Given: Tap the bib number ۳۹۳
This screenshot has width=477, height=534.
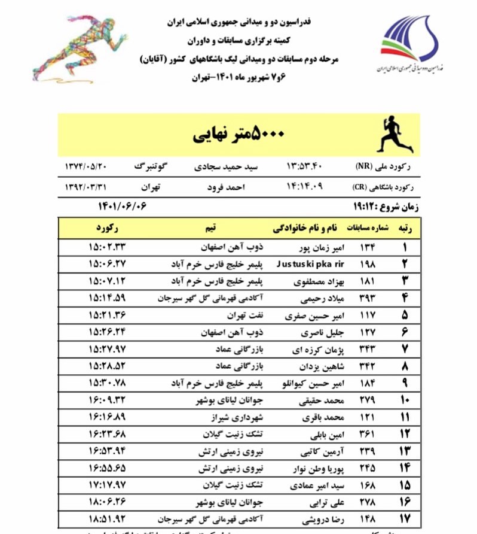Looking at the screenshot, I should pos(366,298).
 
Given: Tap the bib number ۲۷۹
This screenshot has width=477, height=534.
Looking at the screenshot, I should pos(366,399).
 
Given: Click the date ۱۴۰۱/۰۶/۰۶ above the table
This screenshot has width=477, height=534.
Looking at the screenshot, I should pos(123,206).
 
